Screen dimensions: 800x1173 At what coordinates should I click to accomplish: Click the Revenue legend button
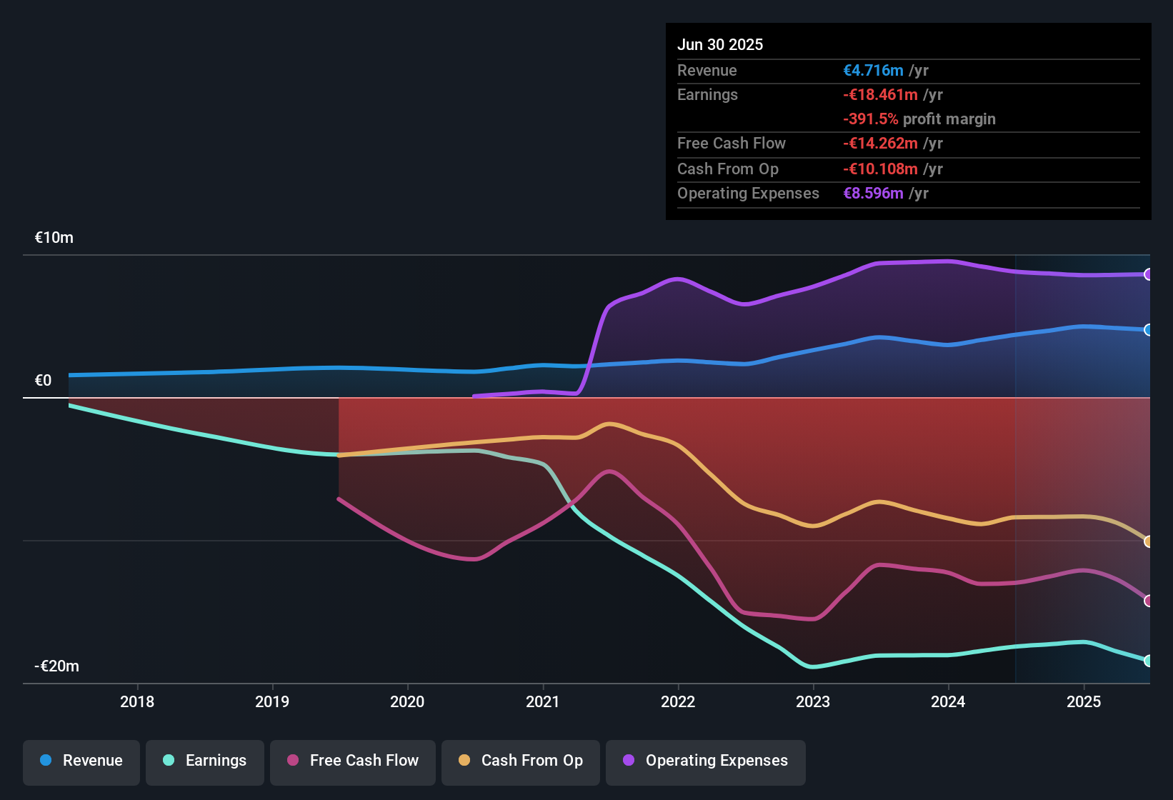(81, 761)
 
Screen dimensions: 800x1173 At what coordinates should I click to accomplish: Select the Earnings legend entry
(205, 761)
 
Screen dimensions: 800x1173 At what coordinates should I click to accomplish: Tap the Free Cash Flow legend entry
(353, 761)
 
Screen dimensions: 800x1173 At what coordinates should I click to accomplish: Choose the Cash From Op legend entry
(521, 761)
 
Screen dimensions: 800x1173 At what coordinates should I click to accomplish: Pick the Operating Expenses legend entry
(706, 761)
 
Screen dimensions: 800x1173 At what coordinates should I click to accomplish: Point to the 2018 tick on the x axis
(137, 701)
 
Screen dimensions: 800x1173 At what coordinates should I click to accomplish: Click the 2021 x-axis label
(543, 701)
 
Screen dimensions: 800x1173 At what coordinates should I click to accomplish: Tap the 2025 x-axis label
(1084, 701)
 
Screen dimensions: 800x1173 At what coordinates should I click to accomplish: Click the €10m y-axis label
(54, 238)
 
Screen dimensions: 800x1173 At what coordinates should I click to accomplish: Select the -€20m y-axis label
(57, 666)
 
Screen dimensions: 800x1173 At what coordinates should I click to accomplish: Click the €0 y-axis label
(44, 381)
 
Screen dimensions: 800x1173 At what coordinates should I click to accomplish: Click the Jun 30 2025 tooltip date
(720, 44)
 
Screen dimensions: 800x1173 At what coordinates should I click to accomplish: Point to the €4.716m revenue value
(873, 70)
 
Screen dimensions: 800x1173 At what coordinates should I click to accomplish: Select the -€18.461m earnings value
(880, 94)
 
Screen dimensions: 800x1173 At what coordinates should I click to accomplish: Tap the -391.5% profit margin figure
(870, 119)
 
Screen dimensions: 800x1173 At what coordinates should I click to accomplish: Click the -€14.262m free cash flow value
(880, 143)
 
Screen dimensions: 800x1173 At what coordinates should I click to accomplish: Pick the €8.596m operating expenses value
(873, 193)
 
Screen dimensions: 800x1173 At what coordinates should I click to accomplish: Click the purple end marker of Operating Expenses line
(1148, 274)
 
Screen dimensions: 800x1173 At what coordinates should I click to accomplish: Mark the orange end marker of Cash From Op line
(1148, 541)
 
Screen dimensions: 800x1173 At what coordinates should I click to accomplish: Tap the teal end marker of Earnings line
(1148, 661)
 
